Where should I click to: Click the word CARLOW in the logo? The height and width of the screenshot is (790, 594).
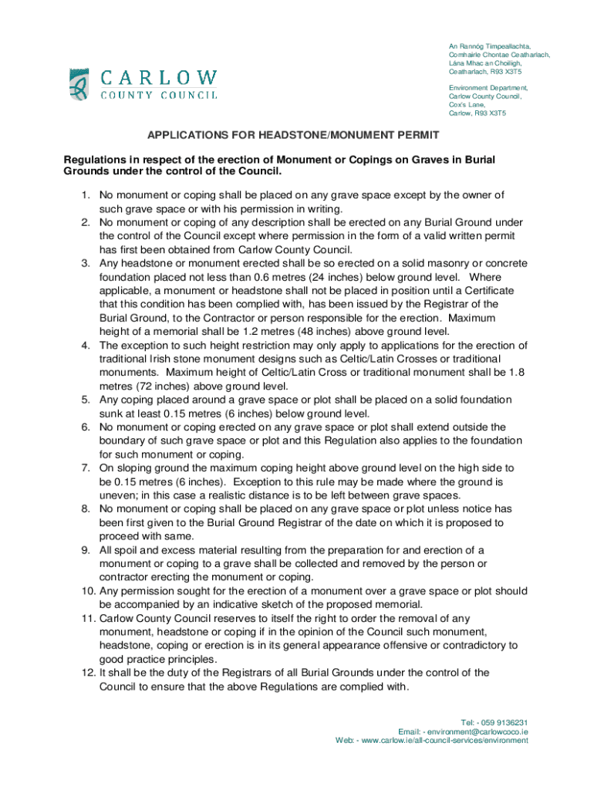pos(159,77)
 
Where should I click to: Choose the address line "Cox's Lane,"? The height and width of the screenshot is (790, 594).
pos(467,105)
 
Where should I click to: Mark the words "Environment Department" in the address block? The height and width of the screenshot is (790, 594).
pos(488,88)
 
